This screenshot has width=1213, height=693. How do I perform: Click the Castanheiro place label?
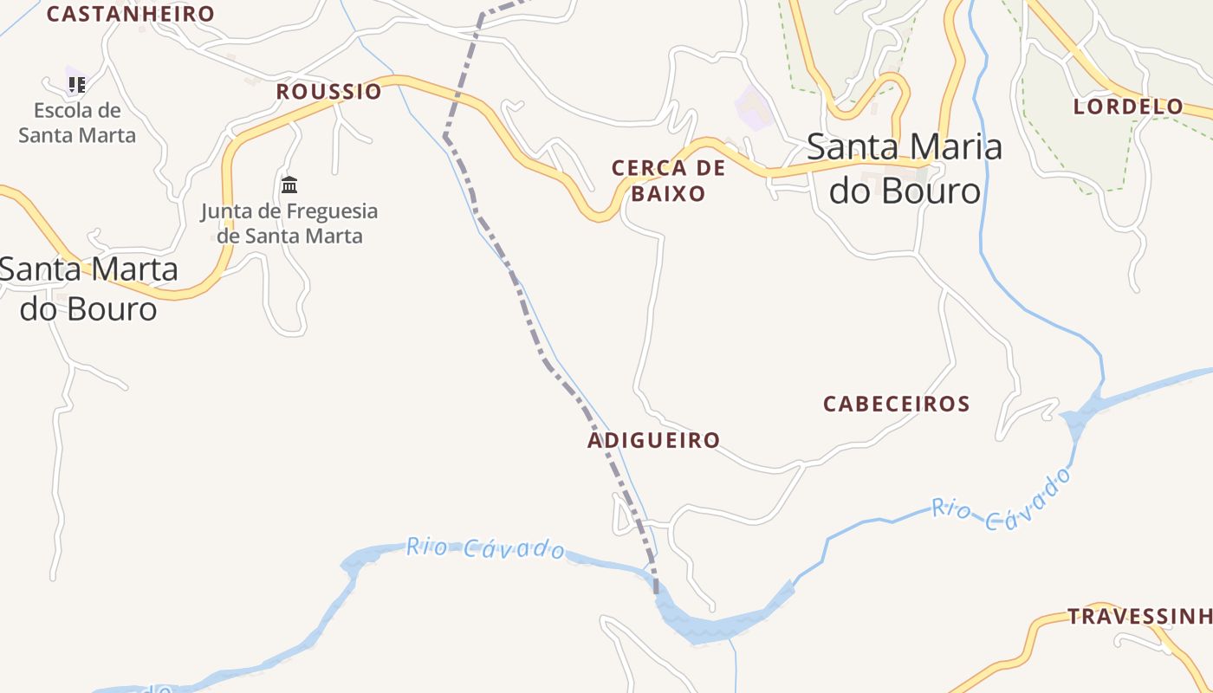pyautogui.click(x=130, y=14)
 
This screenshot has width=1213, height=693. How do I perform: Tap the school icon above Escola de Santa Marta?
pyautogui.click(x=77, y=84)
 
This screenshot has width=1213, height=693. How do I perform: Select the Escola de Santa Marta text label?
pyautogui.click(x=77, y=123)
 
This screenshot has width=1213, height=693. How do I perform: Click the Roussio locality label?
pyautogui.click(x=328, y=92)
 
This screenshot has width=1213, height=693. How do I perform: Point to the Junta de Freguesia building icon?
pyautogui.click(x=289, y=185)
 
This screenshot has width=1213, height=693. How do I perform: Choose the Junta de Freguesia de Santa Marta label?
pyautogui.click(x=289, y=223)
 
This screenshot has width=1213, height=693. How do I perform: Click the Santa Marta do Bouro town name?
pyautogui.click(x=89, y=288)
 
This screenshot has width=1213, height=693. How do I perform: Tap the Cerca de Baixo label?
pyautogui.click(x=668, y=180)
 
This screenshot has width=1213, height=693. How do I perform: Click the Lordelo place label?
pyautogui.click(x=1128, y=107)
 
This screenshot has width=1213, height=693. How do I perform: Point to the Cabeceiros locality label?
pyautogui.click(x=896, y=404)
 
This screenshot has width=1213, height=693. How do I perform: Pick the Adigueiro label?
pyautogui.click(x=653, y=440)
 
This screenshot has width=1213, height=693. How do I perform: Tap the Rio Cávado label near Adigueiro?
pyautogui.click(x=485, y=547)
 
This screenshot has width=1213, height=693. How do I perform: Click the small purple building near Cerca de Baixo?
pyautogui.click(x=753, y=108)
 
